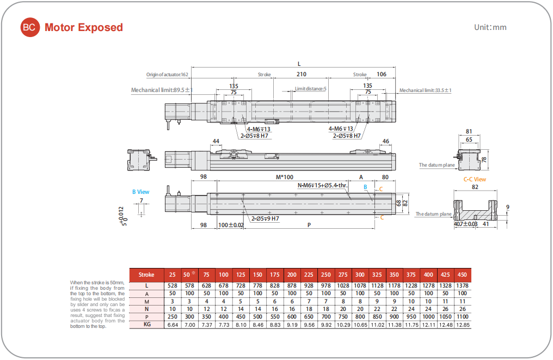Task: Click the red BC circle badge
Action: point(30,28)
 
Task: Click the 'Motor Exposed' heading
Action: point(84,28)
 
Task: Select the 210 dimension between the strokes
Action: point(301,75)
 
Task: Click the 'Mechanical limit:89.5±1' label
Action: point(162,90)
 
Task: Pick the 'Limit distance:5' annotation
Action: point(310,89)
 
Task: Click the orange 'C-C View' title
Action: point(475,179)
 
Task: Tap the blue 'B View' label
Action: point(140,192)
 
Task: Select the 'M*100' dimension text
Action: point(284,177)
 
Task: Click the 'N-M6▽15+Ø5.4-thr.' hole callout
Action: point(322,185)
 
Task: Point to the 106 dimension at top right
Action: point(382,75)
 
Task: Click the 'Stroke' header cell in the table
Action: point(146,275)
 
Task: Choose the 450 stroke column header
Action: point(462,275)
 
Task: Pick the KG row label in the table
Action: point(146,324)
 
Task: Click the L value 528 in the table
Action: point(173,285)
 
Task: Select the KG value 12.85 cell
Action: point(462,325)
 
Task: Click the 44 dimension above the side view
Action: point(216,142)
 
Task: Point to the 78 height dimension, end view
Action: point(484,160)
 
